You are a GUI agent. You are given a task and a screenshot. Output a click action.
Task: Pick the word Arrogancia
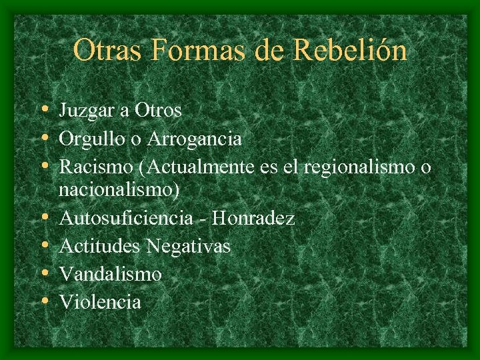194,139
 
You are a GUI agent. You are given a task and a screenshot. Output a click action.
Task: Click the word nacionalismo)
119,189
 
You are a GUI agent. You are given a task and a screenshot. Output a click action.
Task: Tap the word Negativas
189,246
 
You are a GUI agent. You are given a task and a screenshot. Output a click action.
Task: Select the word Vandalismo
111,274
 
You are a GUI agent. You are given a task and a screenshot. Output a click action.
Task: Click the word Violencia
100,302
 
